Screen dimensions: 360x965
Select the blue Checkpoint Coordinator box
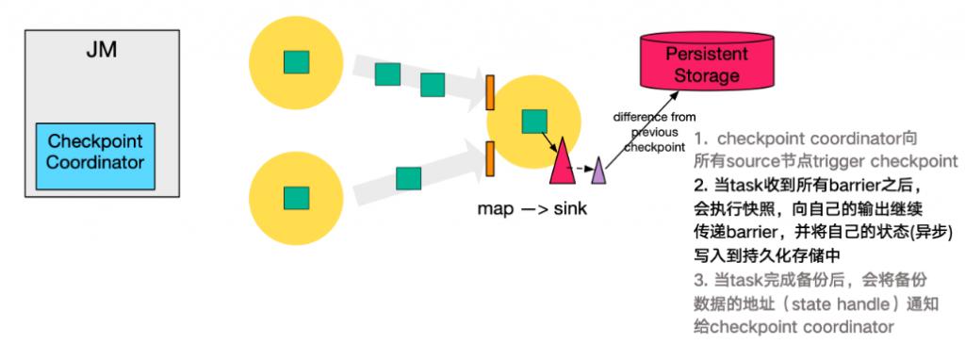[96, 153]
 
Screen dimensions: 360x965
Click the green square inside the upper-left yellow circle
[296, 61]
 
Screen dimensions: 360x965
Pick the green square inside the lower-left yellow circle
[296, 197]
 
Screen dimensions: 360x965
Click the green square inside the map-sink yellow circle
[534, 121]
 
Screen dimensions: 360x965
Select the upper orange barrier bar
[490, 91]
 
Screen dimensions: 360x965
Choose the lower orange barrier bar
[490, 157]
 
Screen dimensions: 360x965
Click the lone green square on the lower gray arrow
[408, 178]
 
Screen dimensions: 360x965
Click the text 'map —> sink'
[532, 207]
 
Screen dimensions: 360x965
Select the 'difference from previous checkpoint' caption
[655, 132]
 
